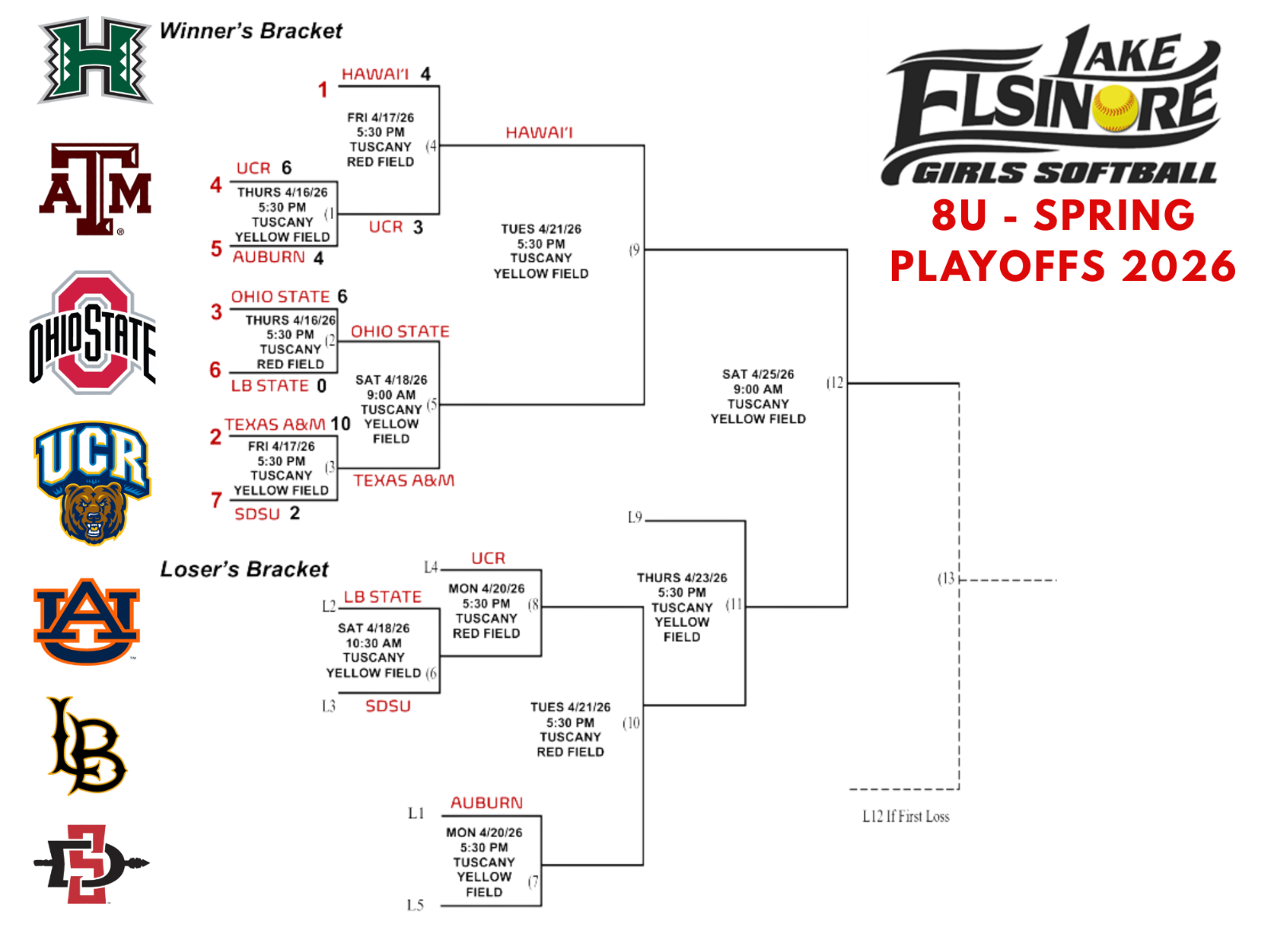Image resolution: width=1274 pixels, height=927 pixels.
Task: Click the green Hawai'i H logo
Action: point(95,61)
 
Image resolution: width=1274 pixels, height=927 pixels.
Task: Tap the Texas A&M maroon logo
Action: point(96,190)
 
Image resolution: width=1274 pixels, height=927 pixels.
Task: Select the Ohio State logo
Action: point(92,333)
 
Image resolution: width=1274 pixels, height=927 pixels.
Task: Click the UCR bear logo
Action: point(92,483)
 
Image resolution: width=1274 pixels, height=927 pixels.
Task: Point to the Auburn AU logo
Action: point(87,621)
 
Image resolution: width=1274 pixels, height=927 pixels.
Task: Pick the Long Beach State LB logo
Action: point(86,746)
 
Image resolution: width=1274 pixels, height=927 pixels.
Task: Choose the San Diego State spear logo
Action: point(89,864)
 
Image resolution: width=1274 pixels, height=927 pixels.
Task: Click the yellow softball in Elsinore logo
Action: point(1115,108)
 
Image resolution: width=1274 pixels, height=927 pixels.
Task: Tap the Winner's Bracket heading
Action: point(251,31)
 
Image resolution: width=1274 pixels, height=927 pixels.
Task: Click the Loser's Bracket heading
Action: point(244,569)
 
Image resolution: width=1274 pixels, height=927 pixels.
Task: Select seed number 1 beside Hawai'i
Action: point(322,90)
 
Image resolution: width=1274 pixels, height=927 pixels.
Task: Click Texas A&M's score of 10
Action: point(341,424)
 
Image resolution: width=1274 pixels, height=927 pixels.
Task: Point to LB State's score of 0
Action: point(322,386)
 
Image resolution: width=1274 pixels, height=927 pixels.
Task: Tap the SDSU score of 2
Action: point(295,514)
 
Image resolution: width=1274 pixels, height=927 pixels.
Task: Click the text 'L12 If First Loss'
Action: point(905,816)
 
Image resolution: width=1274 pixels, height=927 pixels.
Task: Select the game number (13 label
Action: point(946,579)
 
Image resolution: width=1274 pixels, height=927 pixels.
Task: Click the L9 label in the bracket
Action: point(635,518)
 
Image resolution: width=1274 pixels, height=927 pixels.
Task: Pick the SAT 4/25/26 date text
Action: point(758,374)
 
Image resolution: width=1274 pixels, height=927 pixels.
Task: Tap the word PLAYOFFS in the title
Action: point(998,267)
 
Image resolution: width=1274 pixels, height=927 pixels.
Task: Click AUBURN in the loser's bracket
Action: point(487,803)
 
